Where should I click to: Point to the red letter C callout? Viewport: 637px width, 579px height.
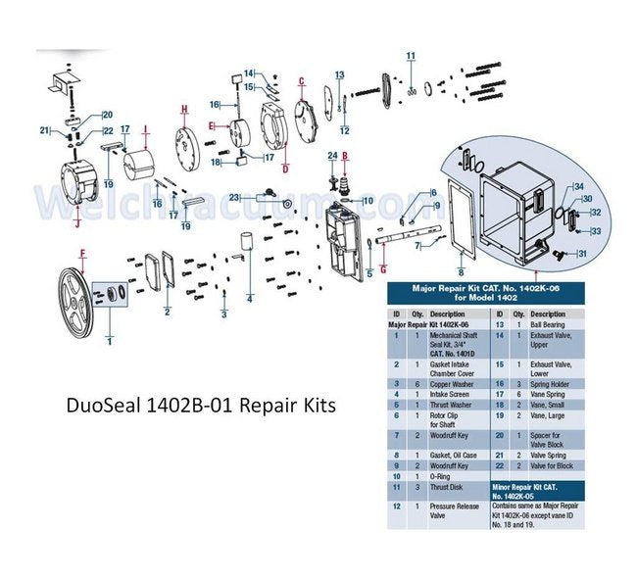point(302,80)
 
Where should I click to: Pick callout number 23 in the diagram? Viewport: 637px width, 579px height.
point(234,198)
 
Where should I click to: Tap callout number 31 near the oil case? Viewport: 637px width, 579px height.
point(582,255)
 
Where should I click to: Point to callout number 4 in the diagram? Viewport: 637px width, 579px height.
point(250,298)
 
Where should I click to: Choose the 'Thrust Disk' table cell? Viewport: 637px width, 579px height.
point(448,487)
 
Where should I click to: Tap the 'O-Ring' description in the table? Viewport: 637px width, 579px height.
point(443,475)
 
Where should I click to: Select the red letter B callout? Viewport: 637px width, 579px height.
point(345,156)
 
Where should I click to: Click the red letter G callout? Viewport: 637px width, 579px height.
point(383,267)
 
